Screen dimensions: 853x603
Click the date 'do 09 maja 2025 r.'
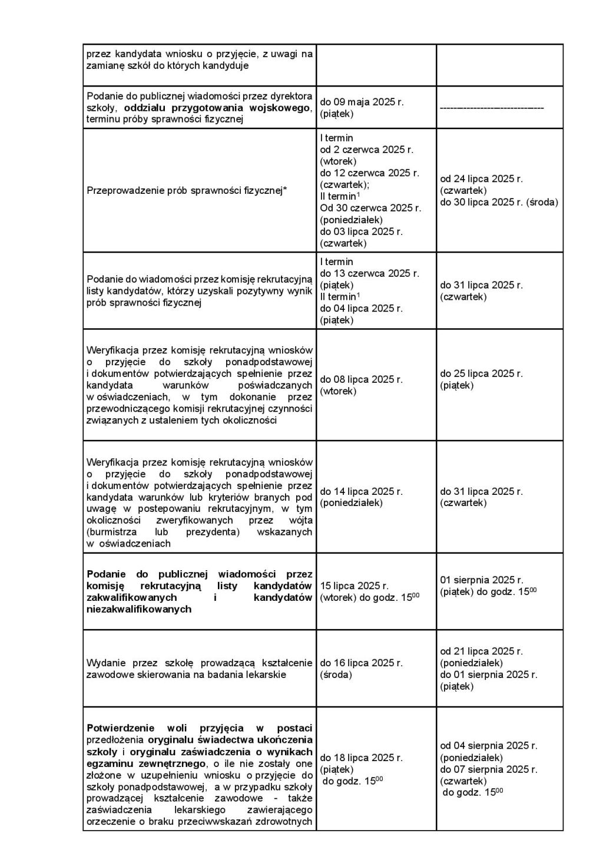coord(362,102)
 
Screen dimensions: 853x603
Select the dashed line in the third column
coord(492,108)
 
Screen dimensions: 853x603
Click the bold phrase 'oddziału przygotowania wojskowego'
coord(217,108)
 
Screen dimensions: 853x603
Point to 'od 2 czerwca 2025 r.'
coord(366,150)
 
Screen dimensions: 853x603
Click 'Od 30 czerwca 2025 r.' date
coord(370,208)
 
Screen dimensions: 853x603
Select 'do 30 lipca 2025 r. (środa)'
coord(499,202)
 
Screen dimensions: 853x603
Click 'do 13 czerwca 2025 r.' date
coord(369,273)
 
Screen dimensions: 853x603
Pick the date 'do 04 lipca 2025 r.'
coord(361,308)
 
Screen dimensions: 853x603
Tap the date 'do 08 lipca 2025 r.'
coord(361,379)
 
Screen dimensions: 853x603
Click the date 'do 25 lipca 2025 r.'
coord(481,373)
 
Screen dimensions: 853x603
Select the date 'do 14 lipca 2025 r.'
coord(361,491)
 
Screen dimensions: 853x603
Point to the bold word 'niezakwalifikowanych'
coord(139,609)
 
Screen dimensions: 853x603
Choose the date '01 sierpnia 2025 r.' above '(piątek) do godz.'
coord(482,580)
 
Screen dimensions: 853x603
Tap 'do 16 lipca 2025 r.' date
coord(361,663)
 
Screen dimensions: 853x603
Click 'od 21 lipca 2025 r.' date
coord(481,651)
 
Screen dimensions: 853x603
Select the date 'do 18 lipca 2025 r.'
coord(361,757)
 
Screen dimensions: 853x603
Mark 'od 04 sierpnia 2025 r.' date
coord(488,745)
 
